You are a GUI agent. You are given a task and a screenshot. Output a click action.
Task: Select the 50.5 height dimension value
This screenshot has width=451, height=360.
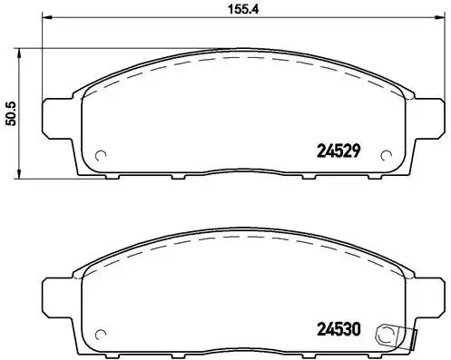click(11, 114)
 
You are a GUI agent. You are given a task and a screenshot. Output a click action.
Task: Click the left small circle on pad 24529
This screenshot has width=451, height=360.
click(102, 153)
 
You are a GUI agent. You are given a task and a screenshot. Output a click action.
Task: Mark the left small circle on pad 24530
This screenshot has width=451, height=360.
click(102, 331)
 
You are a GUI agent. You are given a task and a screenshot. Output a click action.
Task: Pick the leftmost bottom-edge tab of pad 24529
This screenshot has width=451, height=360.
click(119, 176)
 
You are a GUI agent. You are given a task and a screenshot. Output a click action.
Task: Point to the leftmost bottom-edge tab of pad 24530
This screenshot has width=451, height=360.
click(119, 354)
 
